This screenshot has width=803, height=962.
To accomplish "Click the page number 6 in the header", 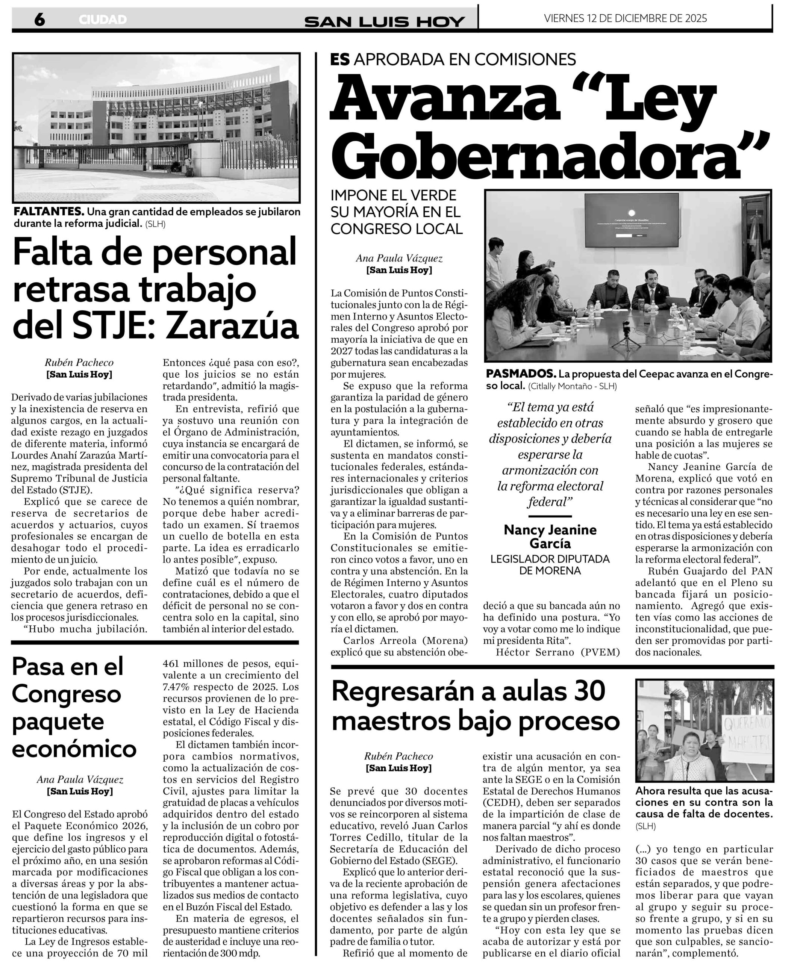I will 40,19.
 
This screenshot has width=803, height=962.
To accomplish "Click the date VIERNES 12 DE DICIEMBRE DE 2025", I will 625,18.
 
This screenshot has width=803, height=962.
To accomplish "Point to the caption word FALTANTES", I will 48,212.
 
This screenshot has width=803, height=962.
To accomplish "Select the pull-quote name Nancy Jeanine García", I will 550,537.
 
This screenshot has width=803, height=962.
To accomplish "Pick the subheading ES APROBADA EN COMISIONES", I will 453,59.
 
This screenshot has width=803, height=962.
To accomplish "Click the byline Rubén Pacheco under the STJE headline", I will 79,362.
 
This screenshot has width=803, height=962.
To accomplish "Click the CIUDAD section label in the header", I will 103,20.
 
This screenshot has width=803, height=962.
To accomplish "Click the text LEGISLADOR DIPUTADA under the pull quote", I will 550,559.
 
